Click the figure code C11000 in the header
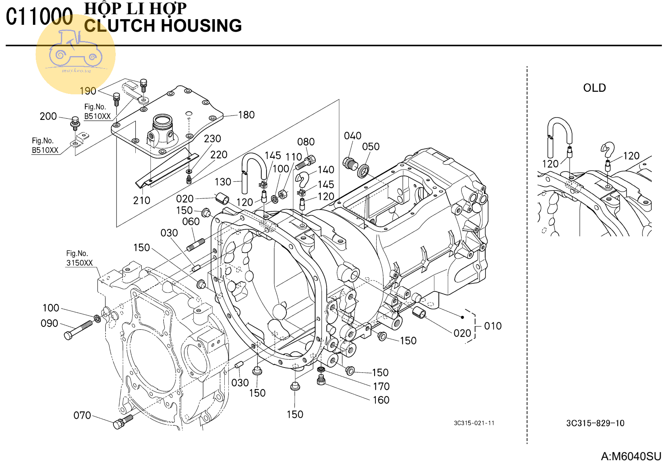pos(39,17)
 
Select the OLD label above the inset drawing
pos(594,88)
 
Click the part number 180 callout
pos(246,115)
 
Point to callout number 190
pos(88,91)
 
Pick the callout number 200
pos(48,116)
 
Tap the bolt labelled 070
pos(123,421)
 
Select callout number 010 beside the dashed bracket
pos(492,326)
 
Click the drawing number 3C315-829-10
pos(595,423)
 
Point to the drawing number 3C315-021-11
pos(474,423)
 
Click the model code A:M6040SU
pos(631,456)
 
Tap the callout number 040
pos(352,136)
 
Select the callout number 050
pos(371,147)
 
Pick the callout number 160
pos(381,400)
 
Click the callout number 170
pos(381,386)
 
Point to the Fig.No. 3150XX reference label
pos(79,258)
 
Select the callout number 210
pos(141,200)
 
